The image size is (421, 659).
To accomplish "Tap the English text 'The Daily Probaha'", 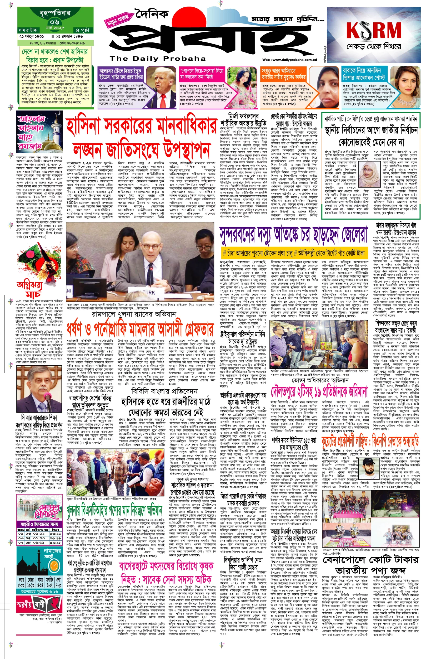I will pos(158,59).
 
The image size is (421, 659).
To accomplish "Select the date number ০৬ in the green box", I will pos(54,22).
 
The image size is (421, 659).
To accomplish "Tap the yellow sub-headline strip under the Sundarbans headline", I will pos(294,253).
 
